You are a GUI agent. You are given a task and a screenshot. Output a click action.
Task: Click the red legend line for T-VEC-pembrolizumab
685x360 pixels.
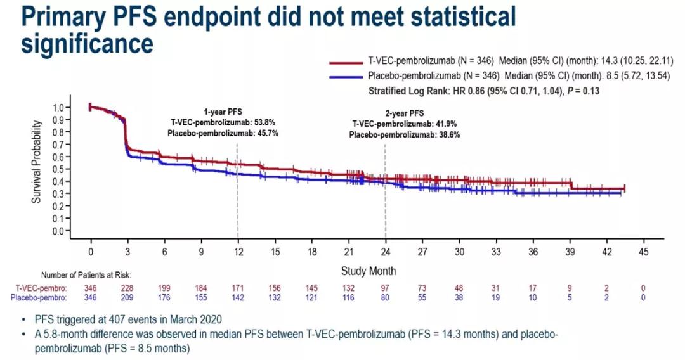click(346, 63)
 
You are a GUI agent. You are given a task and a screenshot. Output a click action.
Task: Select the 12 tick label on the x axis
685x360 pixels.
click(238, 252)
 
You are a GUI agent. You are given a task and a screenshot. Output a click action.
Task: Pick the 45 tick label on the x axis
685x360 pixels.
click(644, 252)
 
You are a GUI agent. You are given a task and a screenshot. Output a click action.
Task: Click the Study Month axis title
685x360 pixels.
click(369, 271)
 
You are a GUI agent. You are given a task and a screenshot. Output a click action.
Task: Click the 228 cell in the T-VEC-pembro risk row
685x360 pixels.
click(127, 288)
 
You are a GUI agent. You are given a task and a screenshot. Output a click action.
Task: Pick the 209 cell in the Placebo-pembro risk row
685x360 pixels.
click(127, 297)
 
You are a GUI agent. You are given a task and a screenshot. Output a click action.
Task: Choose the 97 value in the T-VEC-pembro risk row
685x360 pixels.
click(385, 288)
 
